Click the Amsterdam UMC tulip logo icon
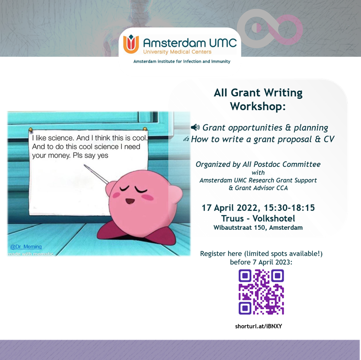pyautogui.click(x=131, y=44)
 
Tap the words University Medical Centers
pyautogui.click(x=177, y=52)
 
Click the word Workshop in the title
pyautogui.click(x=256, y=106)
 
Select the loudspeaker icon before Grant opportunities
pyautogui.click(x=195, y=127)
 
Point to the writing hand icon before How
pyautogui.click(x=186, y=139)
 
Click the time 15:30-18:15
pyautogui.click(x=289, y=208)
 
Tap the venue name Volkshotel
pyautogui.click(x=274, y=218)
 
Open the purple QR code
pyautogui.click(x=261, y=292)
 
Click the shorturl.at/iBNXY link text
pyautogui.click(x=258, y=326)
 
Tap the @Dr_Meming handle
pyautogui.click(x=26, y=247)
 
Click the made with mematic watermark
pyautogui.click(x=30, y=254)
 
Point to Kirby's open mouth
pyautogui.click(x=130, y=201)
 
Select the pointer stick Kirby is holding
pyautogui.click(x=96, y=174)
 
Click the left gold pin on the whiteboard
pyautogui.click(x=30, y=129)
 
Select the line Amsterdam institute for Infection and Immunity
pyautogui.click(x=182, y=62)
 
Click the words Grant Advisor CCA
pyautogui.click(x=258, y=188)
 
